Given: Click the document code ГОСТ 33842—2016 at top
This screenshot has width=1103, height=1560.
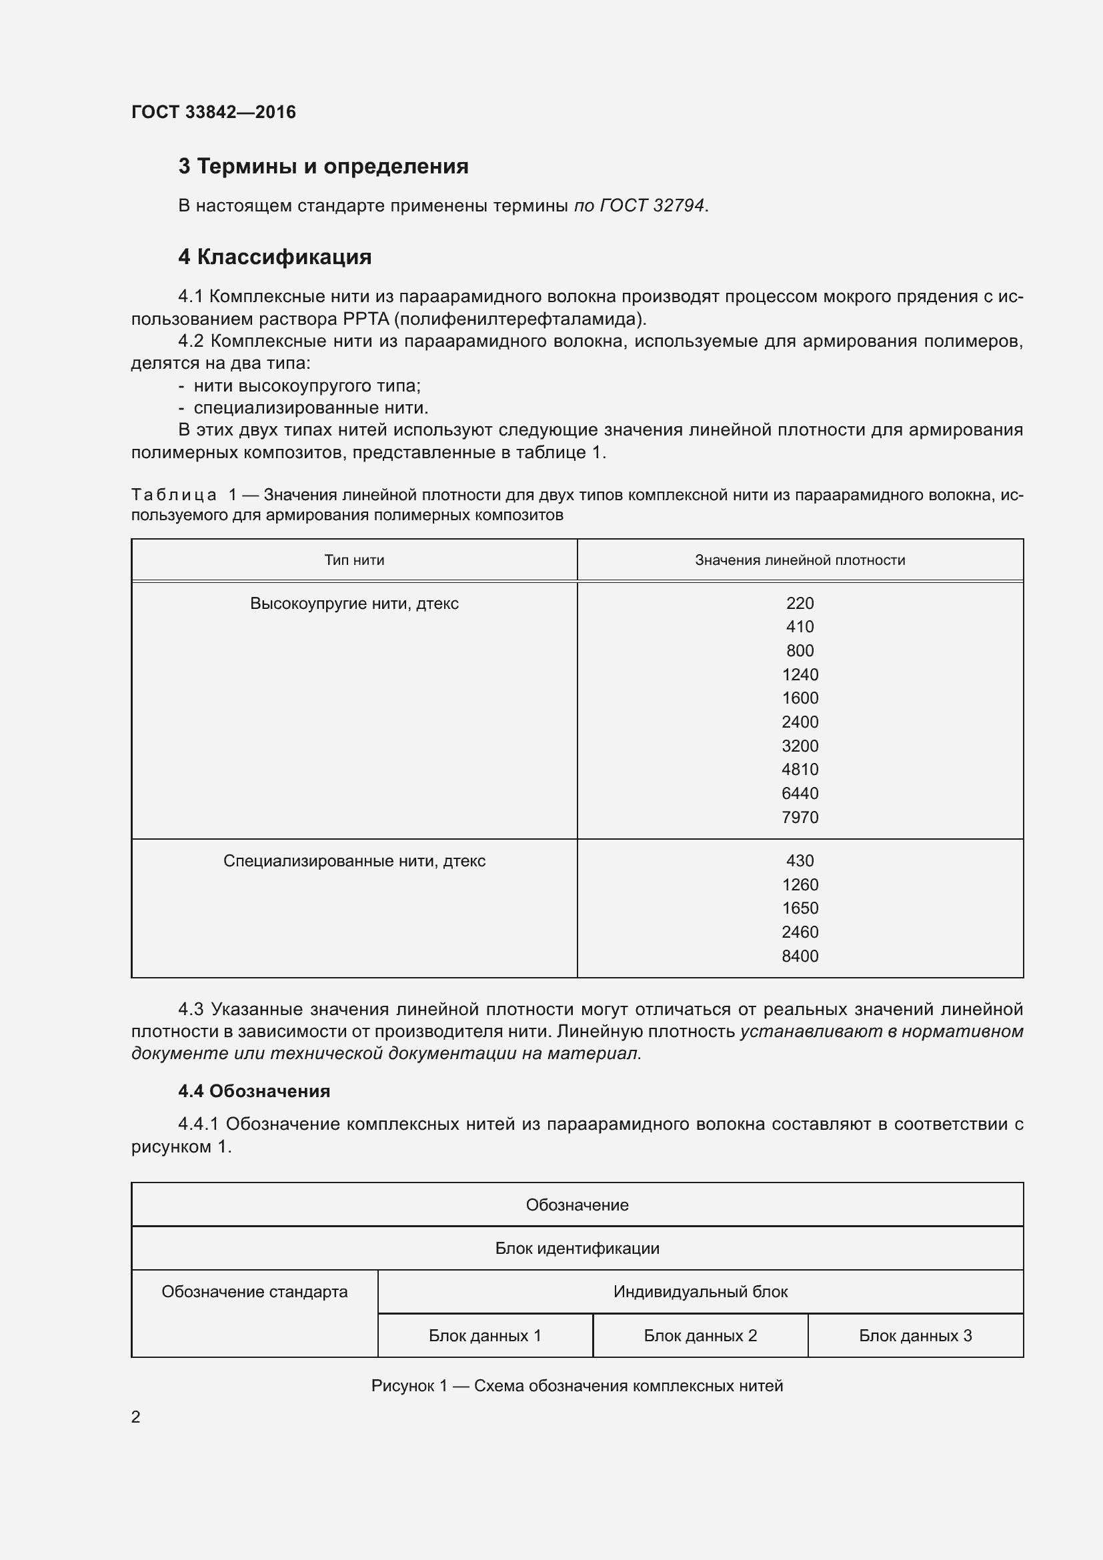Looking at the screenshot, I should click(213, 112).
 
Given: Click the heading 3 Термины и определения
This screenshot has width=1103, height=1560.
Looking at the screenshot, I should click(323, 167).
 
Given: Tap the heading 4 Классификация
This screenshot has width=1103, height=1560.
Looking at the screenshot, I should click(274, 257).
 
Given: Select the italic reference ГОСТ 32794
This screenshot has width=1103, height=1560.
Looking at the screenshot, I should click(652, 205).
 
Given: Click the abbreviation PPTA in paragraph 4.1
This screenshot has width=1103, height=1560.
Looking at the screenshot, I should click(365, 319).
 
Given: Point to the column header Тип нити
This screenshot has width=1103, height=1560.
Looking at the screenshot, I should click(354, 560).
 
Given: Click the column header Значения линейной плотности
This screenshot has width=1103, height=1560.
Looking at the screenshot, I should click(800, 560).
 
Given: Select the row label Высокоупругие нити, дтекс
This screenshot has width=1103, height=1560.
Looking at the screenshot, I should click(354, 604).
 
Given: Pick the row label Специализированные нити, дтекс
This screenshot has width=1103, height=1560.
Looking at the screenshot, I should click(354, 861).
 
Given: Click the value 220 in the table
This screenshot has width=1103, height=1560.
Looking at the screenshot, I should click(800, 604).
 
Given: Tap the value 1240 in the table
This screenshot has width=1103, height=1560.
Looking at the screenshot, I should click(800, 675).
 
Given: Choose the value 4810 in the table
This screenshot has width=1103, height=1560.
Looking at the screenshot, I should click(800, 769).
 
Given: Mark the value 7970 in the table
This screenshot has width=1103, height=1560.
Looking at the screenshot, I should click(800, 817).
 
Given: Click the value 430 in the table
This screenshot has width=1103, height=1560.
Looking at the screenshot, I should click(800, 861).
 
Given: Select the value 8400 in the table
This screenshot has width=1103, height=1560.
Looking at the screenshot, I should click(800, 956).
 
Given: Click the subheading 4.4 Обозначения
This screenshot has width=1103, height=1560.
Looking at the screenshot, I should click(254, 1091).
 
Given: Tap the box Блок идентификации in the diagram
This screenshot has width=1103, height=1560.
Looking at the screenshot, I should click(577, 1248).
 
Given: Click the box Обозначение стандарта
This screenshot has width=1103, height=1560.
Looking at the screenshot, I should click(254, 1292).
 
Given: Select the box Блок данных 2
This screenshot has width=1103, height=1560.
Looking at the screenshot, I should click(700, 1336).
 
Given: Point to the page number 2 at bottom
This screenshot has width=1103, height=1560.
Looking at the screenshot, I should click(136, 1417).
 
